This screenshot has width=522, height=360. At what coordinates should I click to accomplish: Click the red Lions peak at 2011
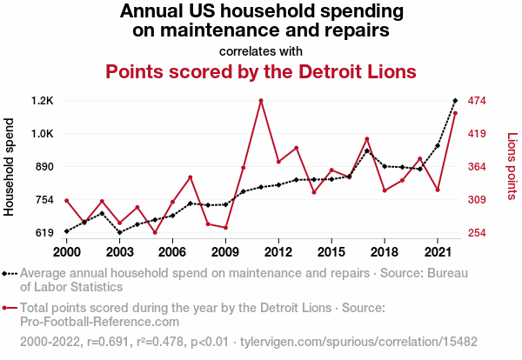(261, 101)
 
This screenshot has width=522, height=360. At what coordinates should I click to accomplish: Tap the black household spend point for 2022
(455, 101)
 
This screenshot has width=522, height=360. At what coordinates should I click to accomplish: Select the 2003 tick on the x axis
(119, 251)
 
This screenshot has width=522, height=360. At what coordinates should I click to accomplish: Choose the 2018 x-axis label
(385, 251)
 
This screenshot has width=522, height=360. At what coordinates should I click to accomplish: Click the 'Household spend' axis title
(10, 167)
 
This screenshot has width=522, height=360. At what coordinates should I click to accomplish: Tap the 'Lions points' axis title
(512, 167)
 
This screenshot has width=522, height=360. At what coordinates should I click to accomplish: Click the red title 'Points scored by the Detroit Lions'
(261, 70)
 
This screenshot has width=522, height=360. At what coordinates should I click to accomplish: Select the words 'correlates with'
(261, 50)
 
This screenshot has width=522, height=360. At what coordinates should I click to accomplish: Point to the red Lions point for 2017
(367, 139)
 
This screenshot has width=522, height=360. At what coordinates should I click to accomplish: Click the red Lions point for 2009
(225, 228)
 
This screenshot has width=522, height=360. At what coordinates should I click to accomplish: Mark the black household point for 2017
(367, 151)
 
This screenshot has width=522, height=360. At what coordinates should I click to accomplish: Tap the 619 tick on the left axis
(42, 233)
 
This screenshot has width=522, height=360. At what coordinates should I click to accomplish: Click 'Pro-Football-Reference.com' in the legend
(77, 321)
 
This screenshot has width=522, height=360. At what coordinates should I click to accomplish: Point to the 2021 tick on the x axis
(438, 251)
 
